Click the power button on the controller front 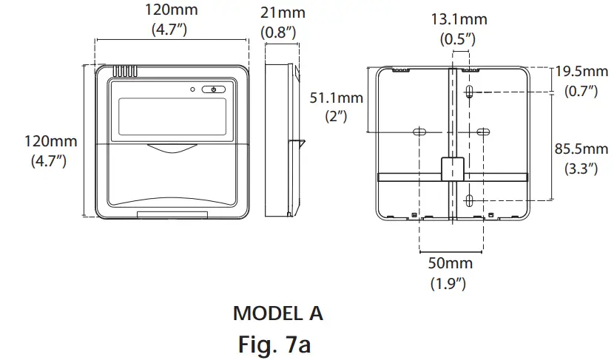[x=213, y=89]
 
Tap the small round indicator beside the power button [x=192, y=89]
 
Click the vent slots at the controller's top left [x=125, y=72]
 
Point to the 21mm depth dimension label [x=283, y=14]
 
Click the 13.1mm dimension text [x=460, y=20]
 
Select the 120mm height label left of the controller [x=50, y=141]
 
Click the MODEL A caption [x=278, y=313]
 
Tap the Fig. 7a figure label [x=275, y=343]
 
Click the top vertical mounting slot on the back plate [x=470, y=92]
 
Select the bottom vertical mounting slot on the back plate [x=470, y=200]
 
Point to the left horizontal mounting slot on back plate [x=419, y=132]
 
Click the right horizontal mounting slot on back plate [x=482, y=132]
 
